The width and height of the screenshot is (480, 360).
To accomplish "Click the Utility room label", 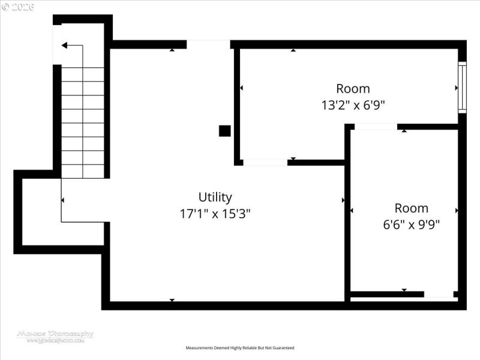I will (x=215, y=197).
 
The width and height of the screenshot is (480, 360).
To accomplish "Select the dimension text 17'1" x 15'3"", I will (x=215, y=214).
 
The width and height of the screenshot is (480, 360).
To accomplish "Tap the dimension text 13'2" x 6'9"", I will (x=353, y=104).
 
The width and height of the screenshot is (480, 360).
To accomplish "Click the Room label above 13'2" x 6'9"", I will (x=353, y=89).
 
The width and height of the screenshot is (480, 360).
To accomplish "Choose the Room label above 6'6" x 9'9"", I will (x=412, y=208).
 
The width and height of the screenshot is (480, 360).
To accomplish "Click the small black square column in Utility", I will (x=224, y=130).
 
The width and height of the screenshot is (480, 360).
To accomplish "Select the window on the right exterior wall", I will (x=462, y=87).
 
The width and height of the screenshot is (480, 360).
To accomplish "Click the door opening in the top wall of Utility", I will (x=208, y=44).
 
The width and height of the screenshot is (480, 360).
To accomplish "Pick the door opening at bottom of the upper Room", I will (x=265, y=162).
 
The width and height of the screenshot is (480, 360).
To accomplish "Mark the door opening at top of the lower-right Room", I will (x=376, y=127).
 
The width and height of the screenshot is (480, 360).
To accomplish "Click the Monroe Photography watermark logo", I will (x=55, y=336).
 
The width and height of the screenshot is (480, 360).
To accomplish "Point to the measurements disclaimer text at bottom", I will (x=240, y=348).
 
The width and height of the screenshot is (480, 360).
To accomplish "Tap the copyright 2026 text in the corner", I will (x=18, y=7).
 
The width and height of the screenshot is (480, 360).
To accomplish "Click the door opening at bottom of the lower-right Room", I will (x=439, y=294).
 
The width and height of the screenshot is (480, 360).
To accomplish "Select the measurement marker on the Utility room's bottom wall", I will (x=172, y=299).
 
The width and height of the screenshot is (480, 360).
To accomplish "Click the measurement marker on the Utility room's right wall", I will (x=343, y=200).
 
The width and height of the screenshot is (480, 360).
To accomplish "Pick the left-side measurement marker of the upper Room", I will (x=242, y=88).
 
